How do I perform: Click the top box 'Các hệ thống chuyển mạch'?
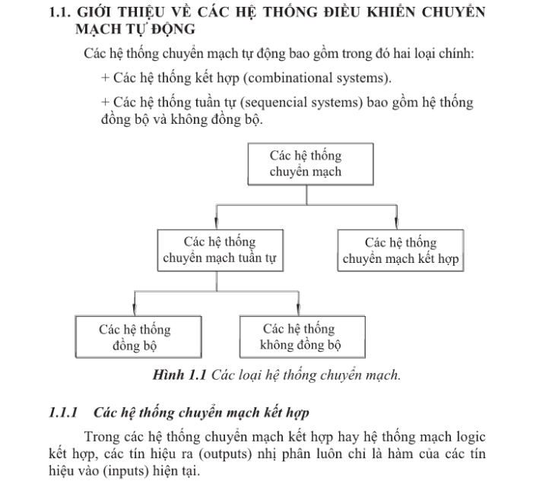pyautogui.click(x=310, y=164)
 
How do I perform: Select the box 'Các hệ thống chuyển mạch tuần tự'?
pyautogui.click(x=220, y=250)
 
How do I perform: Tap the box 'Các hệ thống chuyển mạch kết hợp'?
pyautogui.click(x=401, y=250)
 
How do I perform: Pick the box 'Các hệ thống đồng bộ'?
pyautogui.click(x=138, y=337)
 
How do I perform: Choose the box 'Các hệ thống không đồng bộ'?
pyautogui.click(x=303, y=337)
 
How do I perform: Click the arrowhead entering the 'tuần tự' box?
pyautogui.click(x=217, y=223)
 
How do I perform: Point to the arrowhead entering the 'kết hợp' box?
pyautogui.click(x=396, y=223)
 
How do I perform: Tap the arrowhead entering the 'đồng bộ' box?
pyautogui.click(x=135, y=309)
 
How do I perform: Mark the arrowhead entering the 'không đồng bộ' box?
pyautogui.click(x=299, y=309)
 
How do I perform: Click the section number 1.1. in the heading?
pyautogui.click(x=60, y=13)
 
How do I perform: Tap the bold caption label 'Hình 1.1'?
pyautogui.click(x=179, y=375)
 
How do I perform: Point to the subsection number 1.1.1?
pyautogui.click(x=63, y=413)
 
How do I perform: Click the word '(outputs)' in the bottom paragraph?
pyautogui.click(x=225, y=454)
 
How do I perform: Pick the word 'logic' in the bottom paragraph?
pyautogui.click(x=471, y=437)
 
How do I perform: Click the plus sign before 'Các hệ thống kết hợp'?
pyautogui.click(x=105, y=78)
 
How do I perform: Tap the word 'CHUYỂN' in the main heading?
pyautogui.click(x=454, y=12)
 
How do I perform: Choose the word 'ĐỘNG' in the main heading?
pyautogui.click(x=173, y=30)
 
